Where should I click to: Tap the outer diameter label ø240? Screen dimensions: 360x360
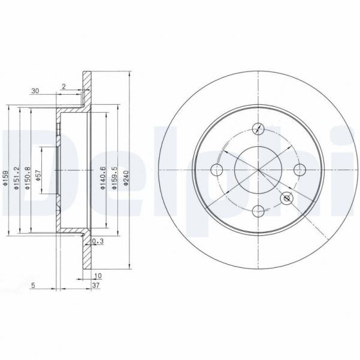126,179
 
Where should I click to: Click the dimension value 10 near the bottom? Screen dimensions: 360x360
97,276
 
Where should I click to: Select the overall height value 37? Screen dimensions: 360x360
97,286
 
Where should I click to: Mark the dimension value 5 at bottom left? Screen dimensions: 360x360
35,286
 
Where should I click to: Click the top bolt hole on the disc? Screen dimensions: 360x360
258,128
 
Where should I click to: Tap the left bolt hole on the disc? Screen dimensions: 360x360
218,170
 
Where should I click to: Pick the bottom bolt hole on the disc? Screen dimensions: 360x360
258,210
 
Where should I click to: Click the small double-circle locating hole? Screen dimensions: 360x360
287,198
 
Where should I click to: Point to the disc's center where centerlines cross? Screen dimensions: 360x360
258,170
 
